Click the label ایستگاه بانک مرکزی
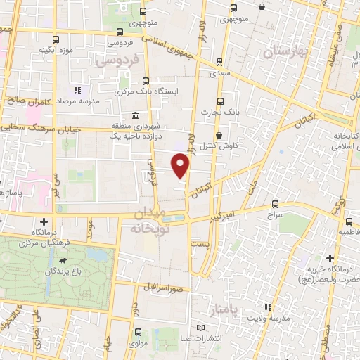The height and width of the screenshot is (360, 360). (146, 92)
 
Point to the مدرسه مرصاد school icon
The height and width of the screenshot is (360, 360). (77, 90)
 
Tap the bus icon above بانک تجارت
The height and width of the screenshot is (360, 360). (220, 100)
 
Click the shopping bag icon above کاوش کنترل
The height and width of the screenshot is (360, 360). (219, 135)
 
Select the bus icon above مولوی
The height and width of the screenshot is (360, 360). (136, 332)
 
